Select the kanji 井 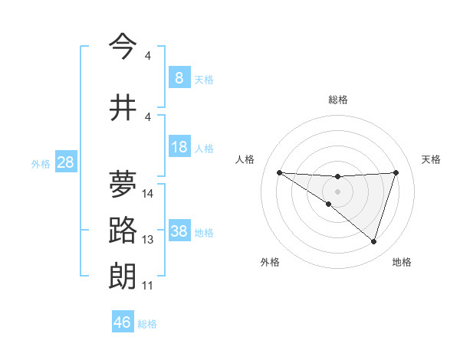pyautogui.click(x=123, y=108)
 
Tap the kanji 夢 pyautogui.click(x=123, y=185)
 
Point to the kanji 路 pyautogui.click(x=123, y=231)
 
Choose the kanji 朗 pyautogui.click(x=123, y=276)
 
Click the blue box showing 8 pyautogui.click(x=179, y=77)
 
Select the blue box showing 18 pyautogui.click(x=179, y=147)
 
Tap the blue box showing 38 pyautogui.click(x=179, y=231)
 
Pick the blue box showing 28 pyautogui.click(x=65, y=162)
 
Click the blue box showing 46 pyautogui.click(x=123, y=322)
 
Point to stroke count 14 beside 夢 pyautogui.click(x=148, y=194)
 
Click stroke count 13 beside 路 pyautogui.click(x=148, y=240)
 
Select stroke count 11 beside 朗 pyautogui.click(x=148, y=286)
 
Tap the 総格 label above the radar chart pyautogui.click(x=337, y=100)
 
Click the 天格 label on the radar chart pyautogui.click(x=431, y=159)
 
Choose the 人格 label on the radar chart pyautogui.click(x=245, y=159)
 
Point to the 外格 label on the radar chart pyautogui.click(x=270, y=262)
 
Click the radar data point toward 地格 pyautogui.click(x=373, y=241)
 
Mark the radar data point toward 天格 pyautogui.click(x=396, y=172)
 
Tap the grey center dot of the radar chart pyautogui.click(x=337, y=191)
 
